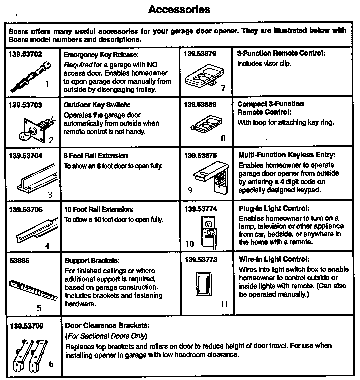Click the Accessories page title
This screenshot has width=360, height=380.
coord(179,10)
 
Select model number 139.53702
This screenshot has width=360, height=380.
coord(25,53)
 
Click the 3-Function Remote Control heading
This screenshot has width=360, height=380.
coord(281,53)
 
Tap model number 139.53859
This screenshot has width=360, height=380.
coord(202,104)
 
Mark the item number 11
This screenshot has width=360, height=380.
coord(224,303)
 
